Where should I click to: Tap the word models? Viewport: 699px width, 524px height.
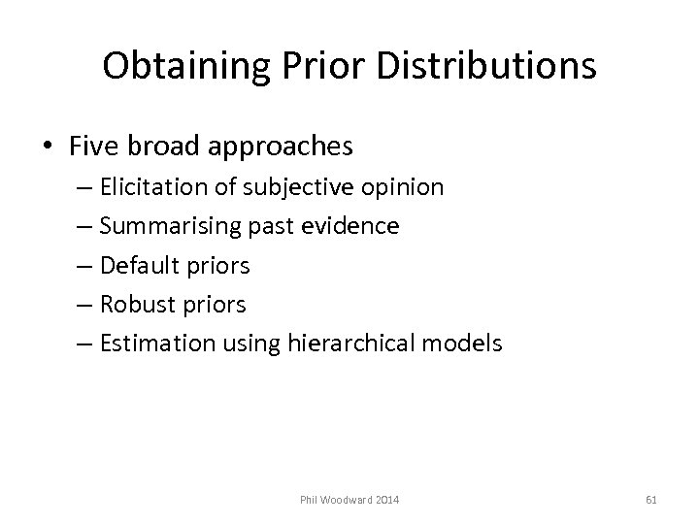point(469,343)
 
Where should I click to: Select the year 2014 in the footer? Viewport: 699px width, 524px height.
point(389,500)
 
